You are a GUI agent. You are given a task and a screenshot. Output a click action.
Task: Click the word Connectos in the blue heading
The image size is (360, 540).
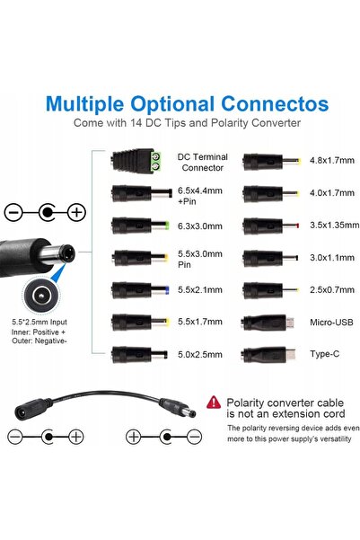point(275,104)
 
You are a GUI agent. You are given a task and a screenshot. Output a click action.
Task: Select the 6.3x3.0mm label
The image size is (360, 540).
point(200,226)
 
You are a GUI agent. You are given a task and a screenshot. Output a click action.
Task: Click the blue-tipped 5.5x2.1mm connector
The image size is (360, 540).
point(140,290)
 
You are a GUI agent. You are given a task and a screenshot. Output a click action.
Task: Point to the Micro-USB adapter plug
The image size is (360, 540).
point(268,323)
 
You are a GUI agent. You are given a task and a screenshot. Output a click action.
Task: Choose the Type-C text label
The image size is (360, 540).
point(324,354)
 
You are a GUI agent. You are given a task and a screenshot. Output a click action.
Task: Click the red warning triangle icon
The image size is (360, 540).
point(214,403)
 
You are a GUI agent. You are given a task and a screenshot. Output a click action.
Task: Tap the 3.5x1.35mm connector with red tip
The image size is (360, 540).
point(270,226)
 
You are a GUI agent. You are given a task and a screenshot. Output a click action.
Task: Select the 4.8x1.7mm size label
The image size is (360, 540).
point(332,161)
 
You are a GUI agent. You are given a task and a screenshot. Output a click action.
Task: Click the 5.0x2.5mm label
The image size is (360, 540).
point(200,355)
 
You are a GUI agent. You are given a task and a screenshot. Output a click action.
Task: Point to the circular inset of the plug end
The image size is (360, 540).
point(41,296)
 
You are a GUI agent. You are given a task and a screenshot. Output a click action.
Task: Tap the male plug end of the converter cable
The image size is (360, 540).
point(178,407)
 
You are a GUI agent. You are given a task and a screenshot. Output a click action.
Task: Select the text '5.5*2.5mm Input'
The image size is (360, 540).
point(40,323)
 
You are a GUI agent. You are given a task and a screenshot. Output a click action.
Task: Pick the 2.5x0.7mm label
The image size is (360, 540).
point(332,290)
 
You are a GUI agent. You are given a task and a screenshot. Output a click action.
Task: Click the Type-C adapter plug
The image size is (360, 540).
point(268,355)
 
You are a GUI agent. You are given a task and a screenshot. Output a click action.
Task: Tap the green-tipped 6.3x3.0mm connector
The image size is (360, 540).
point(140,226)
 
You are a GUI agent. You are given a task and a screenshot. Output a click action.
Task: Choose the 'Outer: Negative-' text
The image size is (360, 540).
point(40,341)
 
